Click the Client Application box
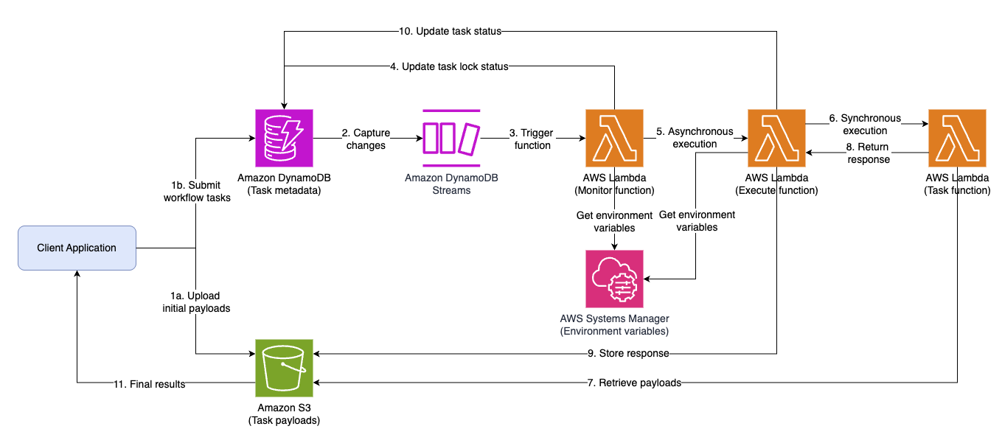(77, 248)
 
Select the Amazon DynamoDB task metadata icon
(284, 138)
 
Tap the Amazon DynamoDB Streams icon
(451, 138)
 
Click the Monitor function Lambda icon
(613, 138)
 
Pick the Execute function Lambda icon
(776, 138)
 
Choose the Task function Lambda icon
(958, 138)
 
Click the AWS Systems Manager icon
(613, 279)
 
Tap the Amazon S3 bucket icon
(284, 368)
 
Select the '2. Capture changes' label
(365, 139)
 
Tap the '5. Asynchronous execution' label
(695, 138)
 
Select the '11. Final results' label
(149, 384)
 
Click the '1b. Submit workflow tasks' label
(197, 191)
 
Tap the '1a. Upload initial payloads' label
(196, 302)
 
